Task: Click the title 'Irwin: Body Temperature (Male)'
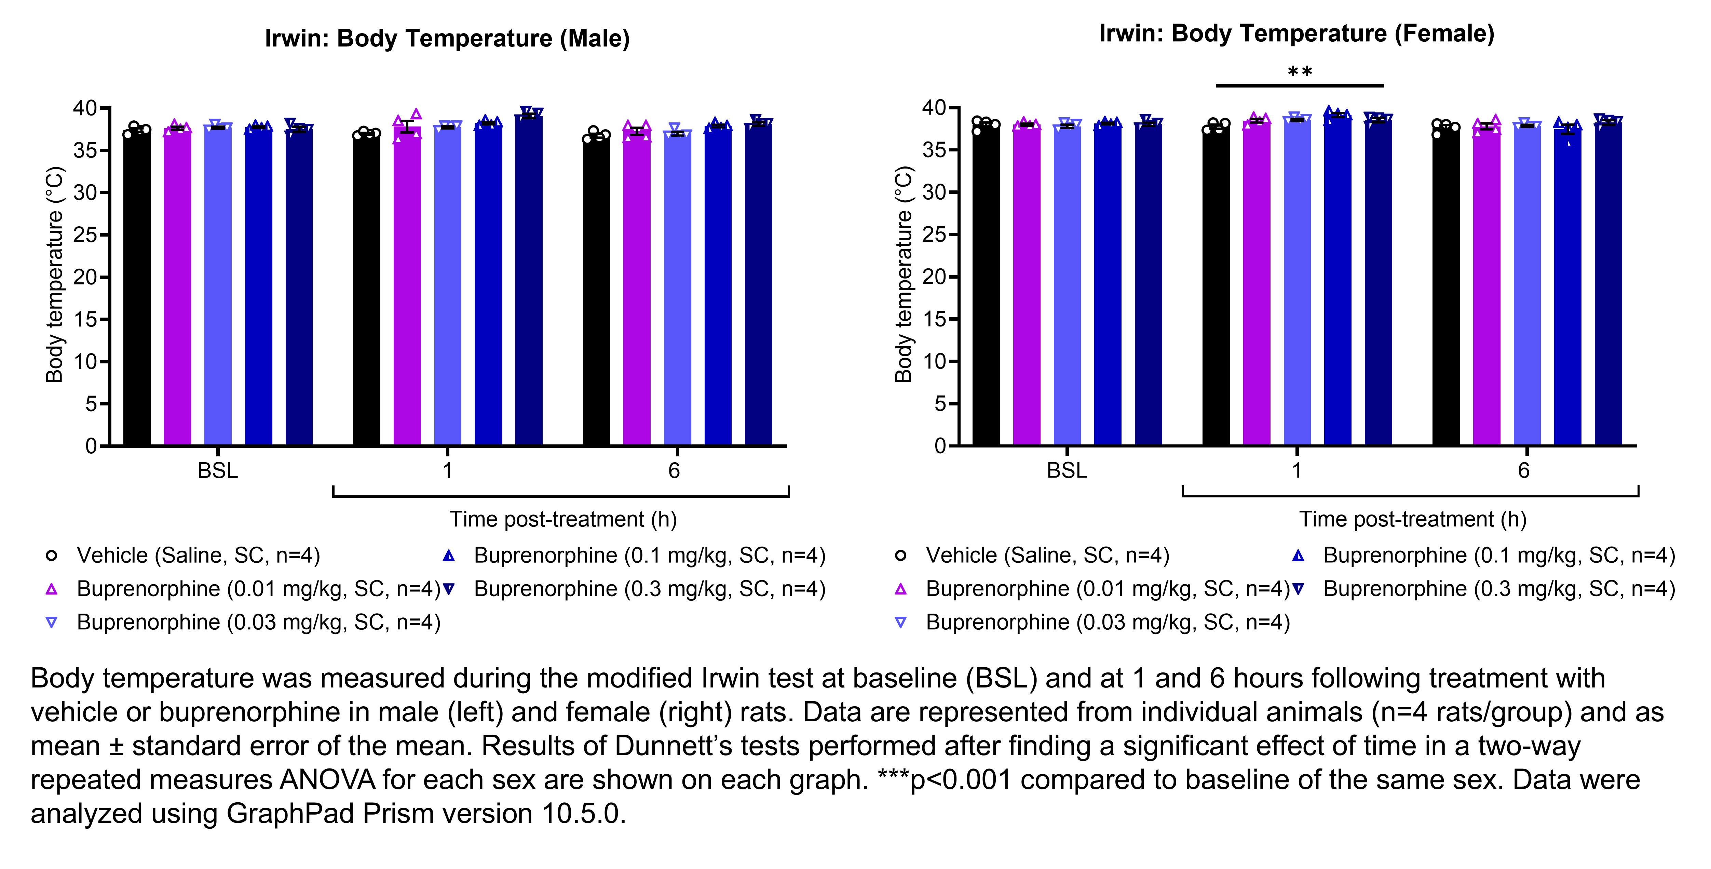447,39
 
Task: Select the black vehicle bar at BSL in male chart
137,286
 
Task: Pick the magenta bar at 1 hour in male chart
407,286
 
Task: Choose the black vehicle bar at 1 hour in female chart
1216,286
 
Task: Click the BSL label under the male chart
217,470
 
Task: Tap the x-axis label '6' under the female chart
1524,470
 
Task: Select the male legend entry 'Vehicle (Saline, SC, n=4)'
198,556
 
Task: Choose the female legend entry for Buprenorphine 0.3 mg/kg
1498,589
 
